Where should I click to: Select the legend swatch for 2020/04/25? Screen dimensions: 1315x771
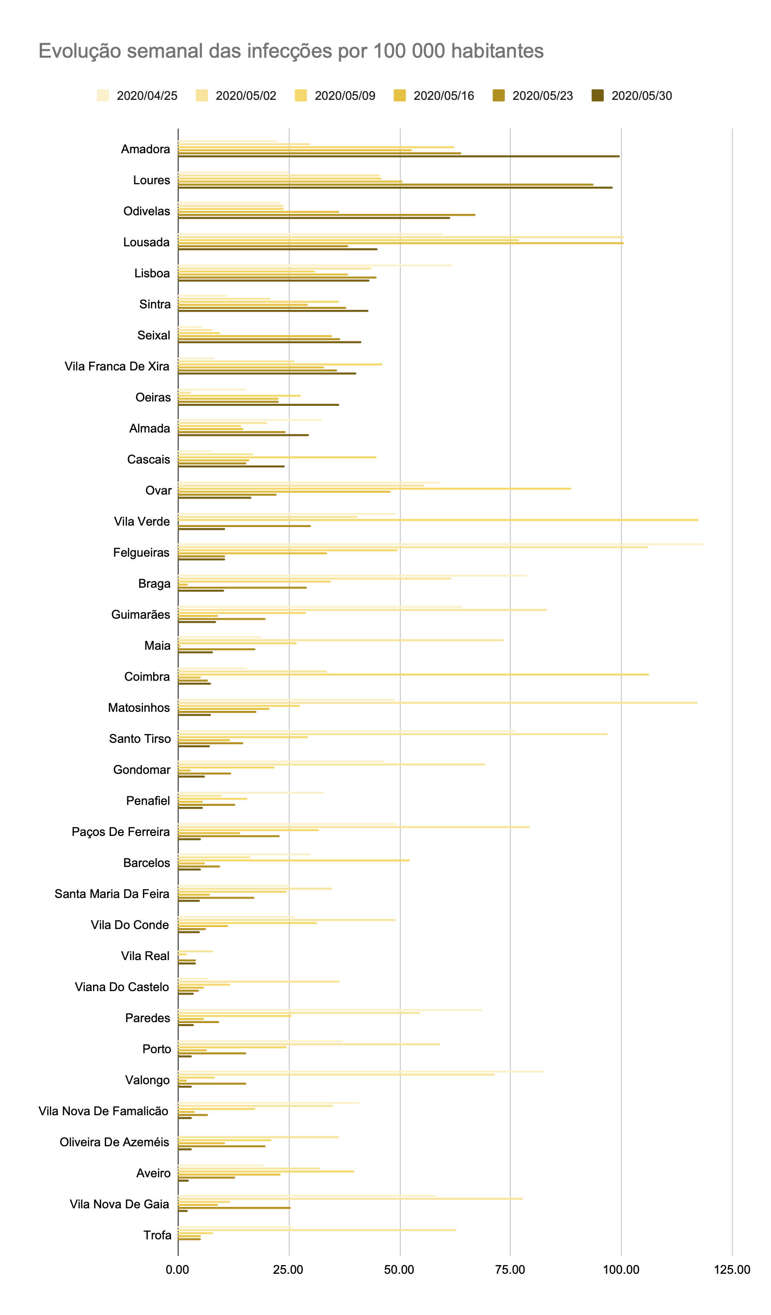[x=103, y=96]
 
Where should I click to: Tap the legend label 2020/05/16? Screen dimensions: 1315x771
[x=443, y=96]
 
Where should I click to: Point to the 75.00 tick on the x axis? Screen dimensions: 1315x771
[x=510, y=1269]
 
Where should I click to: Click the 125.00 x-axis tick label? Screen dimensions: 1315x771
[x=731, y=1269]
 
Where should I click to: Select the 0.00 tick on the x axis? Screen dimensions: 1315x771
[x=177, y=1269]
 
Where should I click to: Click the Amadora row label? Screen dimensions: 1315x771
[x=145, y=149]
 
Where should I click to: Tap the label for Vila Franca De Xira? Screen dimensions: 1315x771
[x=117, y=366]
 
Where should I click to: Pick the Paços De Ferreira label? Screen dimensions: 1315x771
[x=121, y=832]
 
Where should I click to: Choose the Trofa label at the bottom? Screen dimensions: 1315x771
[x=157, y=1235]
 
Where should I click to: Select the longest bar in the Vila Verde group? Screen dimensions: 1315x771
[x=438, y=520]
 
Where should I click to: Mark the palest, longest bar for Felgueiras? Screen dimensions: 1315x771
[x=441, y=544]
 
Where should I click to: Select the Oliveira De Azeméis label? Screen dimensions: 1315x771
[x=114, y=1142]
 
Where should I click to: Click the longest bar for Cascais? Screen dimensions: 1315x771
[x=277, y=457]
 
